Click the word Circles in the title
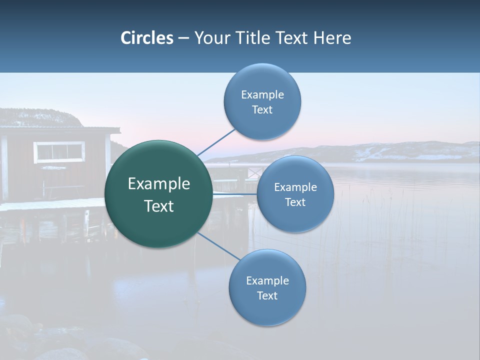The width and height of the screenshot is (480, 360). coord(147,38)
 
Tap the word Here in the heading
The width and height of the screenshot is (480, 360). coord(332,38)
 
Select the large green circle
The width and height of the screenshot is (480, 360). coord(158,194)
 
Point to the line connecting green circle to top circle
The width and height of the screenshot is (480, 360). coord(216,142)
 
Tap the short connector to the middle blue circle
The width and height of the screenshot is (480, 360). coord(235,193)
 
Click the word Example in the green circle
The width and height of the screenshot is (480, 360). coord(159,184)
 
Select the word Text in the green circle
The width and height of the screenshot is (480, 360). coord(159,206)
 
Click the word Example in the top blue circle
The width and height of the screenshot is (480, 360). coord(262,95)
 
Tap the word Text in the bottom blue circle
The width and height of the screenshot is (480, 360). coord(267,296)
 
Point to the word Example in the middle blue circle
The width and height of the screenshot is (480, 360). coord(295,187)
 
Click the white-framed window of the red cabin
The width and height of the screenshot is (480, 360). coord(59,151)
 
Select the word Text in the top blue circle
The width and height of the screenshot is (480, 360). coord(262,110)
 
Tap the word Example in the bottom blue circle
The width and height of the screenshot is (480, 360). coord(267,281)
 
